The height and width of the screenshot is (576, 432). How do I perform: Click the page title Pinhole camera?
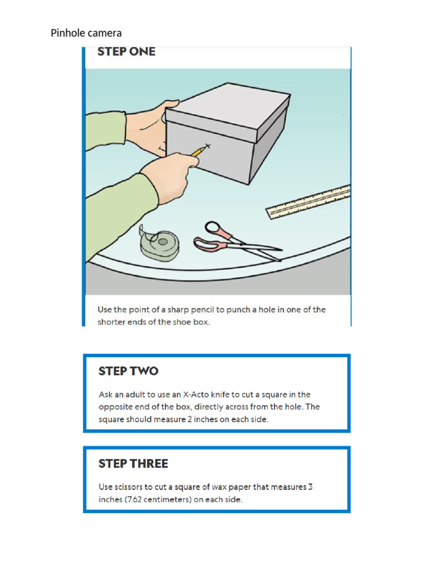click(x=86, y=33)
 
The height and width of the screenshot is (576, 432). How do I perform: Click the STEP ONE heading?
click(x=126, y=52)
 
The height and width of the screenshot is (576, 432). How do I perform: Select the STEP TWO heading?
click(x=128, y=371)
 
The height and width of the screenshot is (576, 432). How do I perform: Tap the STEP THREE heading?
click(x=133, y=464)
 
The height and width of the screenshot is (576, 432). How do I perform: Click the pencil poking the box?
click(x=199, y=151)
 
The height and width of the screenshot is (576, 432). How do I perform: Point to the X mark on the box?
click(x=208, y=147)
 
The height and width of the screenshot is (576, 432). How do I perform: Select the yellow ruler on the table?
click(x=309, y=201)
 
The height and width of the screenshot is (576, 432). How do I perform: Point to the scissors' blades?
click(x=259, y=249)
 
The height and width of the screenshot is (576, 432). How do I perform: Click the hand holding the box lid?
click(x=149, y=126)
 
